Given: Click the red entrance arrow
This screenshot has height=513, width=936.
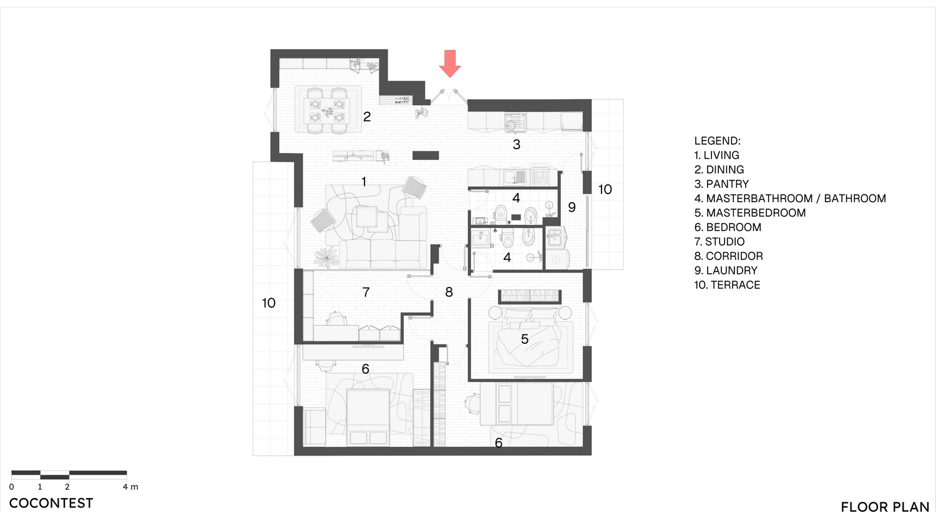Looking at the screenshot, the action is pyautogui.click(x=450, y=64).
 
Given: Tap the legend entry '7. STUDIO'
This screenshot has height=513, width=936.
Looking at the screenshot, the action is pyautogui.click(x=719, y=242).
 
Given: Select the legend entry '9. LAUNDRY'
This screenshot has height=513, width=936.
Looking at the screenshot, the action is pyautogui.click(x=726, y=271).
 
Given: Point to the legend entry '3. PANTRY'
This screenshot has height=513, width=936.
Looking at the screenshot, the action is pyautogui.click(x=721, y=184).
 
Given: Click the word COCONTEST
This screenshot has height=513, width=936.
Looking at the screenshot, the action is pyautogui.click(x=51, y=504).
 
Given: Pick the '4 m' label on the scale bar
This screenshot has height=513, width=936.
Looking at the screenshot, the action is pyautogui.click(x=130, y=487).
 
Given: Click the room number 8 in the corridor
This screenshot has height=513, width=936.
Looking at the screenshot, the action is pyautogui.click(x=449, y=292).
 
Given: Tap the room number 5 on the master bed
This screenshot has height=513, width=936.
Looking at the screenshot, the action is pyautogui.click(x=525, y=340).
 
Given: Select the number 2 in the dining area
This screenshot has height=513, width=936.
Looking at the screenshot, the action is pyautogui.click(x=367, y=117).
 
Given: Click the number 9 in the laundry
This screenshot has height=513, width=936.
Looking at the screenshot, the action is pyautogui.click(x=572, y=207).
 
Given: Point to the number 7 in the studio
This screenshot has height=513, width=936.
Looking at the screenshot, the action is pyautogui.click(x=366, y=292).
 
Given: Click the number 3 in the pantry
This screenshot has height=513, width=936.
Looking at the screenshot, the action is pyautogui.click(x=517, y=145).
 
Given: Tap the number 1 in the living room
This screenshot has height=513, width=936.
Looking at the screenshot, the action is pyautogui.click(x=364, y=182).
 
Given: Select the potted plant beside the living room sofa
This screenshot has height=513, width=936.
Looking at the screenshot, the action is pyautogui.click(x=326, y=257).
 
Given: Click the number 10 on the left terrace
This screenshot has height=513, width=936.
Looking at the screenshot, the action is pyautogui.click(x=269, y=303).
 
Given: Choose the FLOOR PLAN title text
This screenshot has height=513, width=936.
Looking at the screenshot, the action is pyautogui.click(x=885, y=507).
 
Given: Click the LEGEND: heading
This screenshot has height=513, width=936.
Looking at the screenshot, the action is pyautogui.click(x=718, y=141).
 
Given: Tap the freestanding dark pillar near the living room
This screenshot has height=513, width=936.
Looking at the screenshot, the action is pyautogui.click(x=426, y=155).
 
